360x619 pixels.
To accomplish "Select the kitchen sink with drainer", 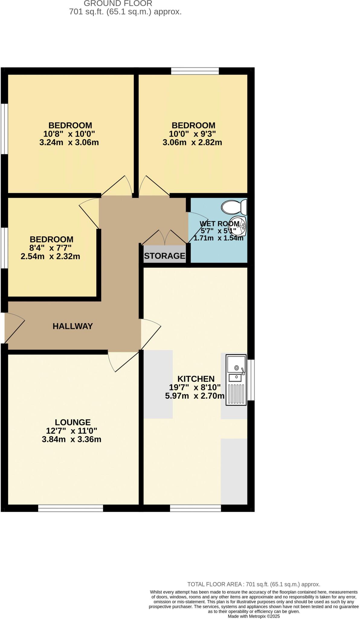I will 236,380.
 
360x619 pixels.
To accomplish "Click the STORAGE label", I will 165,256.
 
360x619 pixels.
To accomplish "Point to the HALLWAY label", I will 72,326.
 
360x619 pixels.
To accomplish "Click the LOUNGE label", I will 72,422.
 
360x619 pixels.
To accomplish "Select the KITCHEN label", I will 196,379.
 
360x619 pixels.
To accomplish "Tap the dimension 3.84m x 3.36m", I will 72,439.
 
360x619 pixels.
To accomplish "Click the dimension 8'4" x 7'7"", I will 50,248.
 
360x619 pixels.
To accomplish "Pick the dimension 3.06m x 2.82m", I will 192,142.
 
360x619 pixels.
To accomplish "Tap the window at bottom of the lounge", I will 71,508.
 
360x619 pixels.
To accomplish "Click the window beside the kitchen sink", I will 251,380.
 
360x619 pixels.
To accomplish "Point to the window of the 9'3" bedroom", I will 195,71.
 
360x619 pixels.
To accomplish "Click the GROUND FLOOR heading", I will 118,4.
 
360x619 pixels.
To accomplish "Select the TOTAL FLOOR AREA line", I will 254,584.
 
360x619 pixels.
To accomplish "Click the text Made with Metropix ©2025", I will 254,616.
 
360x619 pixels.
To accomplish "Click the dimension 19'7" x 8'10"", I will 195,387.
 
